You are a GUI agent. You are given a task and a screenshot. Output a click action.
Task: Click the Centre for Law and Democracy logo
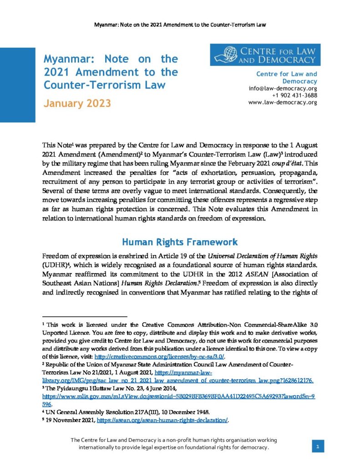tap(265, 55)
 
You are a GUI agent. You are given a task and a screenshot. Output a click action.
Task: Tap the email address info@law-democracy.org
tap(283, 88)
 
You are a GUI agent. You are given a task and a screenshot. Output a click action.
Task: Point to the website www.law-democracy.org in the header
tap(283, 102)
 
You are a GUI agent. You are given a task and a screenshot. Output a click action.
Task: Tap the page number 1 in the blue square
tap(318, 447)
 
